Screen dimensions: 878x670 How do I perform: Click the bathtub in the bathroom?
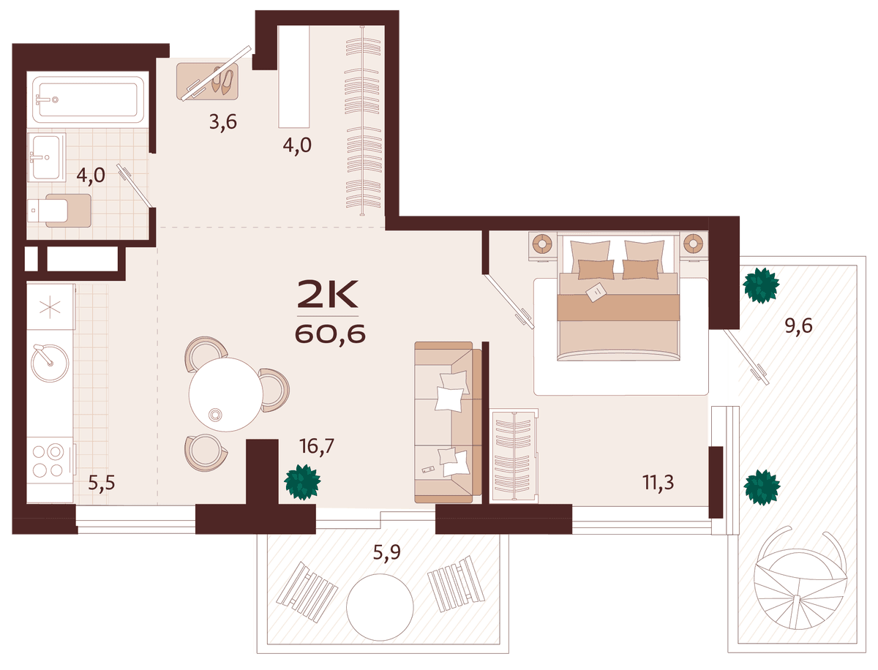[88, 100]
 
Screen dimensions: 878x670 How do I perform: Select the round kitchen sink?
[50, 363]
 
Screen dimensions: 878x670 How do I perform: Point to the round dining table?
[226, 394]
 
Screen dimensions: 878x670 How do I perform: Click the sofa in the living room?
[448, 422]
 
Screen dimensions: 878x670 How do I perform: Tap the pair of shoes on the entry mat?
[223, 81]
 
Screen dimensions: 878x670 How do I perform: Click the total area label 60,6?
[330, 334]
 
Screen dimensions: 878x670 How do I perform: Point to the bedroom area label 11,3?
[658, 483]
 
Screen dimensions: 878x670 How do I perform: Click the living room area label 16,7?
[317, 446]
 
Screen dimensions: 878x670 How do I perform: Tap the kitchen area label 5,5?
[102, 483]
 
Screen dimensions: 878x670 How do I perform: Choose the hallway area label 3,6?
[223, 122]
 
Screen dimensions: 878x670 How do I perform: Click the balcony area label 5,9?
[387, 552]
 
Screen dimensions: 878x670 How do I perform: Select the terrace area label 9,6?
[799, 325]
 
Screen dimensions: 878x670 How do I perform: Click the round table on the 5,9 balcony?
[380, 607]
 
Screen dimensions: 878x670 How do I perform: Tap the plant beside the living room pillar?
[302, 482]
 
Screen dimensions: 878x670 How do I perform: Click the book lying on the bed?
[596, 293]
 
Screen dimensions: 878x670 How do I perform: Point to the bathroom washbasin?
[46, 157]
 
